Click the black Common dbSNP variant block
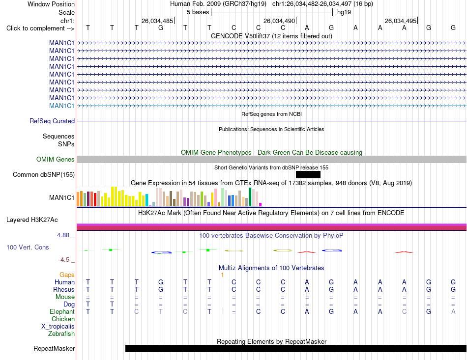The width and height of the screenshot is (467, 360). point(308,175)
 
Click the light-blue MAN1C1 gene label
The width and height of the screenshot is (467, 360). point(61,106)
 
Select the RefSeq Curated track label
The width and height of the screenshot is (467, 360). point(52,121)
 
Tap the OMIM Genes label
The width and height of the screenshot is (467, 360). point(56,160)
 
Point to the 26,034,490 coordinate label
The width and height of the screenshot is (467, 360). point(279,21)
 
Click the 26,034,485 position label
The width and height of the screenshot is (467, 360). point(157,21)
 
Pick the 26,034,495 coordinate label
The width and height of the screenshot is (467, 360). point(401,21)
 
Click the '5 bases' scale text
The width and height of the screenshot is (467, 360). point(198,12)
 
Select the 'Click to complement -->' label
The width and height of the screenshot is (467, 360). point(40,28)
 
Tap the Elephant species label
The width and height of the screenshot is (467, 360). point(62,311)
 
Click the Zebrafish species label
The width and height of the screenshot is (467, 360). point(61,334)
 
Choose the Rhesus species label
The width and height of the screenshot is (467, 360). point(64,289)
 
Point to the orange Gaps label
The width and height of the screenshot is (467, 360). point(67,275)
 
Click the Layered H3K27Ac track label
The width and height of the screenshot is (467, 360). point(32,220)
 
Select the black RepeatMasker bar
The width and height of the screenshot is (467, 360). point(296,348)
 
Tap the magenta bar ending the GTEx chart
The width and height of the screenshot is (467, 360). point(261,205)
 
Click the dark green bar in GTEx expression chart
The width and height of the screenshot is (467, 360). point(250,197)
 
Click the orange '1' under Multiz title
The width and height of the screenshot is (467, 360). point(222,275)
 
